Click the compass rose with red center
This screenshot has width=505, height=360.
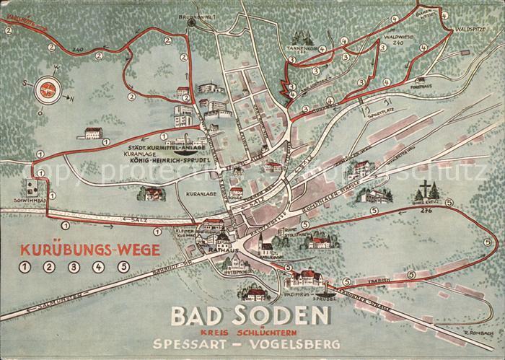(48, 89)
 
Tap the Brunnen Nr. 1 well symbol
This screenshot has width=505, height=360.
(191, 22)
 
